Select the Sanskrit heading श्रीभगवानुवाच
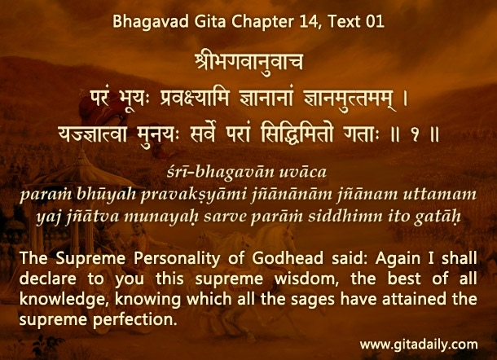(x=249, y=61)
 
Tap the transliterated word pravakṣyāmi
(x=193, y=195)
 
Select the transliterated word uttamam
(x=440, y=194)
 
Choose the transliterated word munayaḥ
(x=161, y=217)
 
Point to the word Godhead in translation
(x=288, y=258)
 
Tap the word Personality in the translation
(x=177, y=259)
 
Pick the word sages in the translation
(x=313, y=300)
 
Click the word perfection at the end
(x=134, y=319)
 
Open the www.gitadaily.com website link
(x=419, y=345)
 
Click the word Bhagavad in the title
(x=151, y=22)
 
